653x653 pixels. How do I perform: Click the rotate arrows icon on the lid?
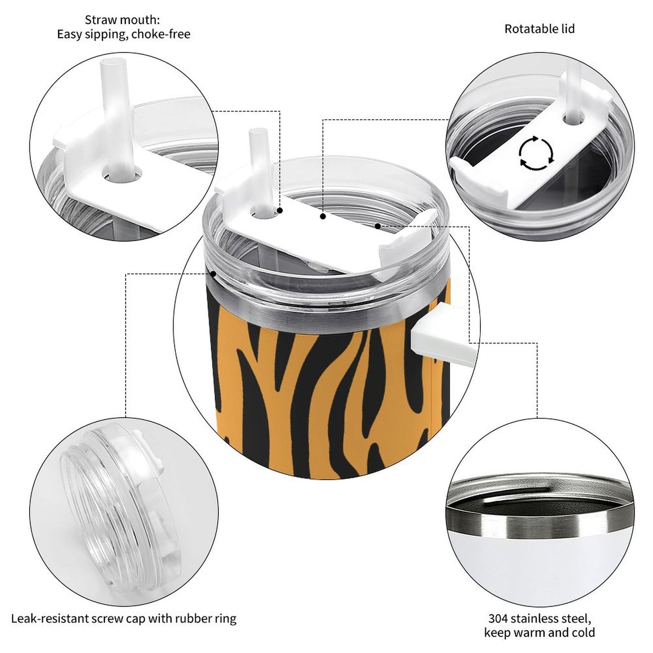click(536, 153)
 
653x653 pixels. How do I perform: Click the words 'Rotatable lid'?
click(540, 29)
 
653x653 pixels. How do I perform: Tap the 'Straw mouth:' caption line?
click(122, 20)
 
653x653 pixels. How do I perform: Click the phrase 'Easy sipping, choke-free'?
click(123, 34)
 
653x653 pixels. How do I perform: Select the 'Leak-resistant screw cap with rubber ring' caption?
click(124, 618)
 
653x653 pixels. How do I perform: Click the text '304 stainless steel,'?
click(539, 618)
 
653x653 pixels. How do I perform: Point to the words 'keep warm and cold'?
click(539, 632)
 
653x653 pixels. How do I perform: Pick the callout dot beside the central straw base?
click(280, 211)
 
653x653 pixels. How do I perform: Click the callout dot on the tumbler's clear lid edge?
click(213, 273)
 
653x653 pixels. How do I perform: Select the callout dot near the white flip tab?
click(377, 225)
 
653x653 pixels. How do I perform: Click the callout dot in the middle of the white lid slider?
click(323, 217)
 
